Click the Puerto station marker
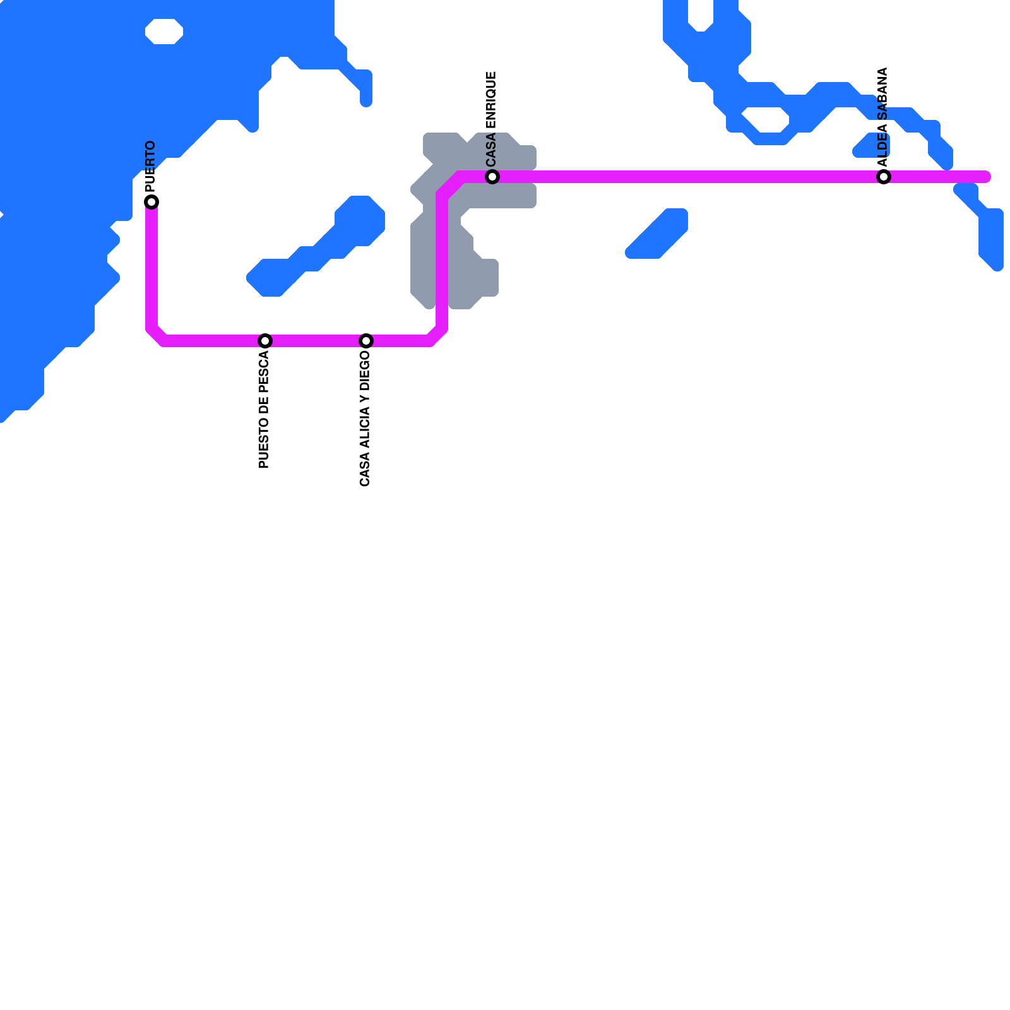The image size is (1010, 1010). click(151, 202)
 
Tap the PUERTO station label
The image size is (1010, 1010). click(150, 167)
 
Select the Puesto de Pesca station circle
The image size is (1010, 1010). click(265, 341)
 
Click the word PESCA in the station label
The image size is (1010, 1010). click(264, 372)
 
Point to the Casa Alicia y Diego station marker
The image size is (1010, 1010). click(366, 341)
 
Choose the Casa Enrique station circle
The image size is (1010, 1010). click(492, 177)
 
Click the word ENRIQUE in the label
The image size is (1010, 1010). click(492, 102)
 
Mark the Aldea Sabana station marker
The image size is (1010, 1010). click(884, 177)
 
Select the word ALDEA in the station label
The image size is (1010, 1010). click(883, 145)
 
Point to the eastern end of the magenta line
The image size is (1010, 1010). click(986, 177)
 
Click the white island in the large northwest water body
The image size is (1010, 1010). click(164, 32)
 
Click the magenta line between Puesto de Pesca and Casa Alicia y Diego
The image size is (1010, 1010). click(316, 341)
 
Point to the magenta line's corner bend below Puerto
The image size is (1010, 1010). click(157, 335)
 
